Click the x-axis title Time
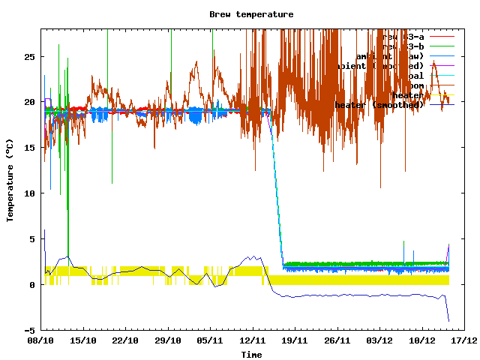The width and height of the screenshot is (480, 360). (251, 354)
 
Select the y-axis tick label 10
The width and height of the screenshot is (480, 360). (30, 193)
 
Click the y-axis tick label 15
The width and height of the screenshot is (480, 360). (30, 148)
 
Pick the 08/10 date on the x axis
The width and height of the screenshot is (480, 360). (40, 340)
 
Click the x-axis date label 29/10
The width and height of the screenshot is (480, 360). (167, 340)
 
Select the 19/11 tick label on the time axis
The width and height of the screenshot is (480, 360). (294, 340)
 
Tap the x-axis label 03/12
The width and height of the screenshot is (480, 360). (379, 340)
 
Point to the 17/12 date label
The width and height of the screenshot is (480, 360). (463, 340)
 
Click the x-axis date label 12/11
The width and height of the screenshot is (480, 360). (252, 340)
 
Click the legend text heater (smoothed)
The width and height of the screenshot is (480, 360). (379, 105)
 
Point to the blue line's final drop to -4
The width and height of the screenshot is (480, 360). (448, 319)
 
